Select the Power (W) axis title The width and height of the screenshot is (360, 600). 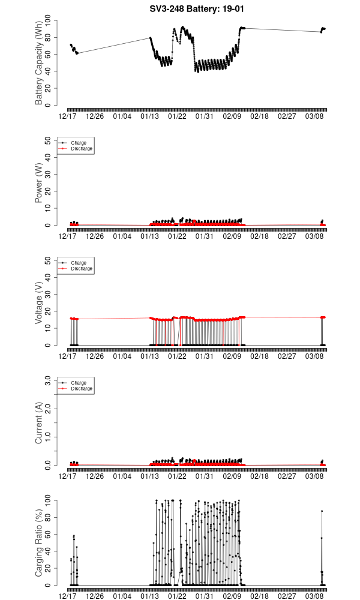[39, 183]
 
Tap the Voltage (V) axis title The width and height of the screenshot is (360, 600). [39, 303]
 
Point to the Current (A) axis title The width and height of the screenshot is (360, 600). [39, 422]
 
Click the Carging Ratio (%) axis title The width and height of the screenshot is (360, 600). [39, 542]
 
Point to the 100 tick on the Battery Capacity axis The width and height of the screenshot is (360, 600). [49, 21]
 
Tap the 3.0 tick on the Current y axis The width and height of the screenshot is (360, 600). [49, 380]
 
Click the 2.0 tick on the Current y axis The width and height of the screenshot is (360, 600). [49, 409]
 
